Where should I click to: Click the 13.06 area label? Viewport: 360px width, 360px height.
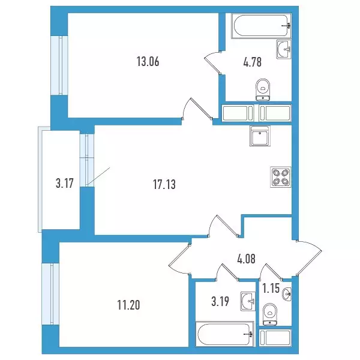pyautogui.click(x=148, y=62)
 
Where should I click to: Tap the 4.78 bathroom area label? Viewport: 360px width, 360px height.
pyautogui.click(x=253, y=62)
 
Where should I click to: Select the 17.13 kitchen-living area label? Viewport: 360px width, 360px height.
pyautogui.click(x=164, y=184)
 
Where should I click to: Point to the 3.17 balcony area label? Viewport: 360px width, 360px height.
pyautogui.click(x=65, y=184)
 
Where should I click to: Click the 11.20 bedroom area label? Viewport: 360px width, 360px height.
pyautogui.click(x=128, y=305)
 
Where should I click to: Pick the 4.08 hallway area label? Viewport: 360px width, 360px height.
pyautogui.click(x=247, y=259)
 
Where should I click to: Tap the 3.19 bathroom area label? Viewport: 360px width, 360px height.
pyautogui.click(x=220, y=301)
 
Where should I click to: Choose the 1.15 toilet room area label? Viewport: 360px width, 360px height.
pyautogui.click(x=271, y=289)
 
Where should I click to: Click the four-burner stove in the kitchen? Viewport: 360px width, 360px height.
pyautogui.click(x=281, y=176)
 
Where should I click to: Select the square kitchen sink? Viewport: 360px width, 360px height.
pyautogui.click(x=260, y=136)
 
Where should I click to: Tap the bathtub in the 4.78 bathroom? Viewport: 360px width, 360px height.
pyautogui.click(x=261, y=26)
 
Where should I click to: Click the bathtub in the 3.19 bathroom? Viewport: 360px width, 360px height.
pyautogui.click(x=225, y=334)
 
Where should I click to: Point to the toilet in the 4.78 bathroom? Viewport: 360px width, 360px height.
pyautogui.click(x=263, y=89)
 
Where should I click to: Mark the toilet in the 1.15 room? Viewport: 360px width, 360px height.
pyautogui.click(x=270, y=314)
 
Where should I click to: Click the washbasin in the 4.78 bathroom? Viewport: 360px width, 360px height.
pyautogui.click(x=284, y=49)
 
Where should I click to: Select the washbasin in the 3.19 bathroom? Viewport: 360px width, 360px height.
pyautogui.click(x=248, y=301)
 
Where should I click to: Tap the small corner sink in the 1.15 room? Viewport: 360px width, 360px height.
pyautogui.click(x=287, y=293)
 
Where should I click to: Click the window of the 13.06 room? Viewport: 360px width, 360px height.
pyautogui.click(x=59, y=65)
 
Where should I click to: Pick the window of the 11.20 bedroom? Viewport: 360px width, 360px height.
pyautogui.click(x=50, y=294)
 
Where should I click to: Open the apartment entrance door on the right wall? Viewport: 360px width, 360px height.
pyautogui.click(x=309, y=257)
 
